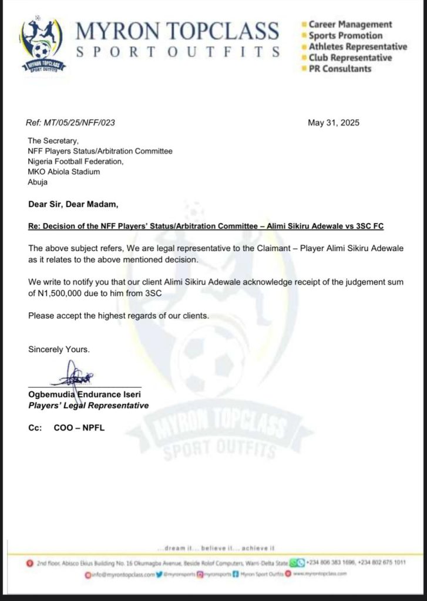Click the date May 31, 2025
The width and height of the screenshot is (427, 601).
pos(334,123)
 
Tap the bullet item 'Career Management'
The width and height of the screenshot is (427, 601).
pos(350,25)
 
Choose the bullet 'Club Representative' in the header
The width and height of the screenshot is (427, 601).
pos(350,58)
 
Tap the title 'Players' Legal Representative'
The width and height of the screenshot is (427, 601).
pos(88,406)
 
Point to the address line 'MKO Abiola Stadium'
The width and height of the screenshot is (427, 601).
pos(64,172)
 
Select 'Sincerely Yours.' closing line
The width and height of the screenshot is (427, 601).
pos(59,349)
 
